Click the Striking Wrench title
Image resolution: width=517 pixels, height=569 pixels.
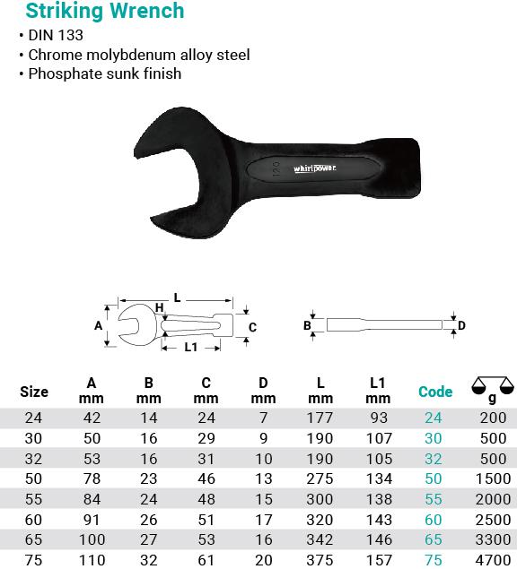click(105, 11)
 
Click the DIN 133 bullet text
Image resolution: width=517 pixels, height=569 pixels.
click(56, 35)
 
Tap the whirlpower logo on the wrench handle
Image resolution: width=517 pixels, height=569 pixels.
click(314, 168)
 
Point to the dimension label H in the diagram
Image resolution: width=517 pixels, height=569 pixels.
click(159, 307)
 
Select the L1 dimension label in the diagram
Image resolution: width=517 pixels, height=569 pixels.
click(190, 348)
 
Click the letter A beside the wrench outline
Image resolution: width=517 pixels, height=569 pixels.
click(98, 325)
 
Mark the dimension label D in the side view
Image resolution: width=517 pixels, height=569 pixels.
click(461, 325)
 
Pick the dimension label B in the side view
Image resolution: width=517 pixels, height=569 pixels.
click(307, 325)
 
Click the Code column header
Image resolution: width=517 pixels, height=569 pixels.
click(435, 392)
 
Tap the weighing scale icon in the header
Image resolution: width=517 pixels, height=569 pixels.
click(493, 385)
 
